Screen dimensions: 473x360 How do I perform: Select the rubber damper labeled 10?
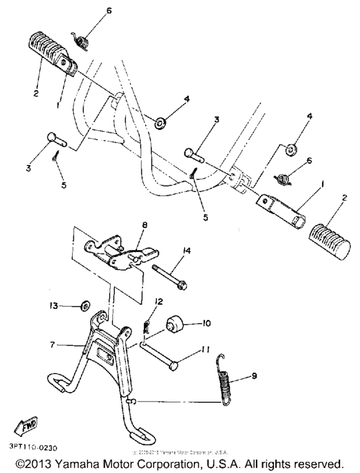click(175, 323)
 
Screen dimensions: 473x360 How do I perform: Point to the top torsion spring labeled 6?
click(81, 40)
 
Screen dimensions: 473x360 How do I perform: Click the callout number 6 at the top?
click(109, 12)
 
